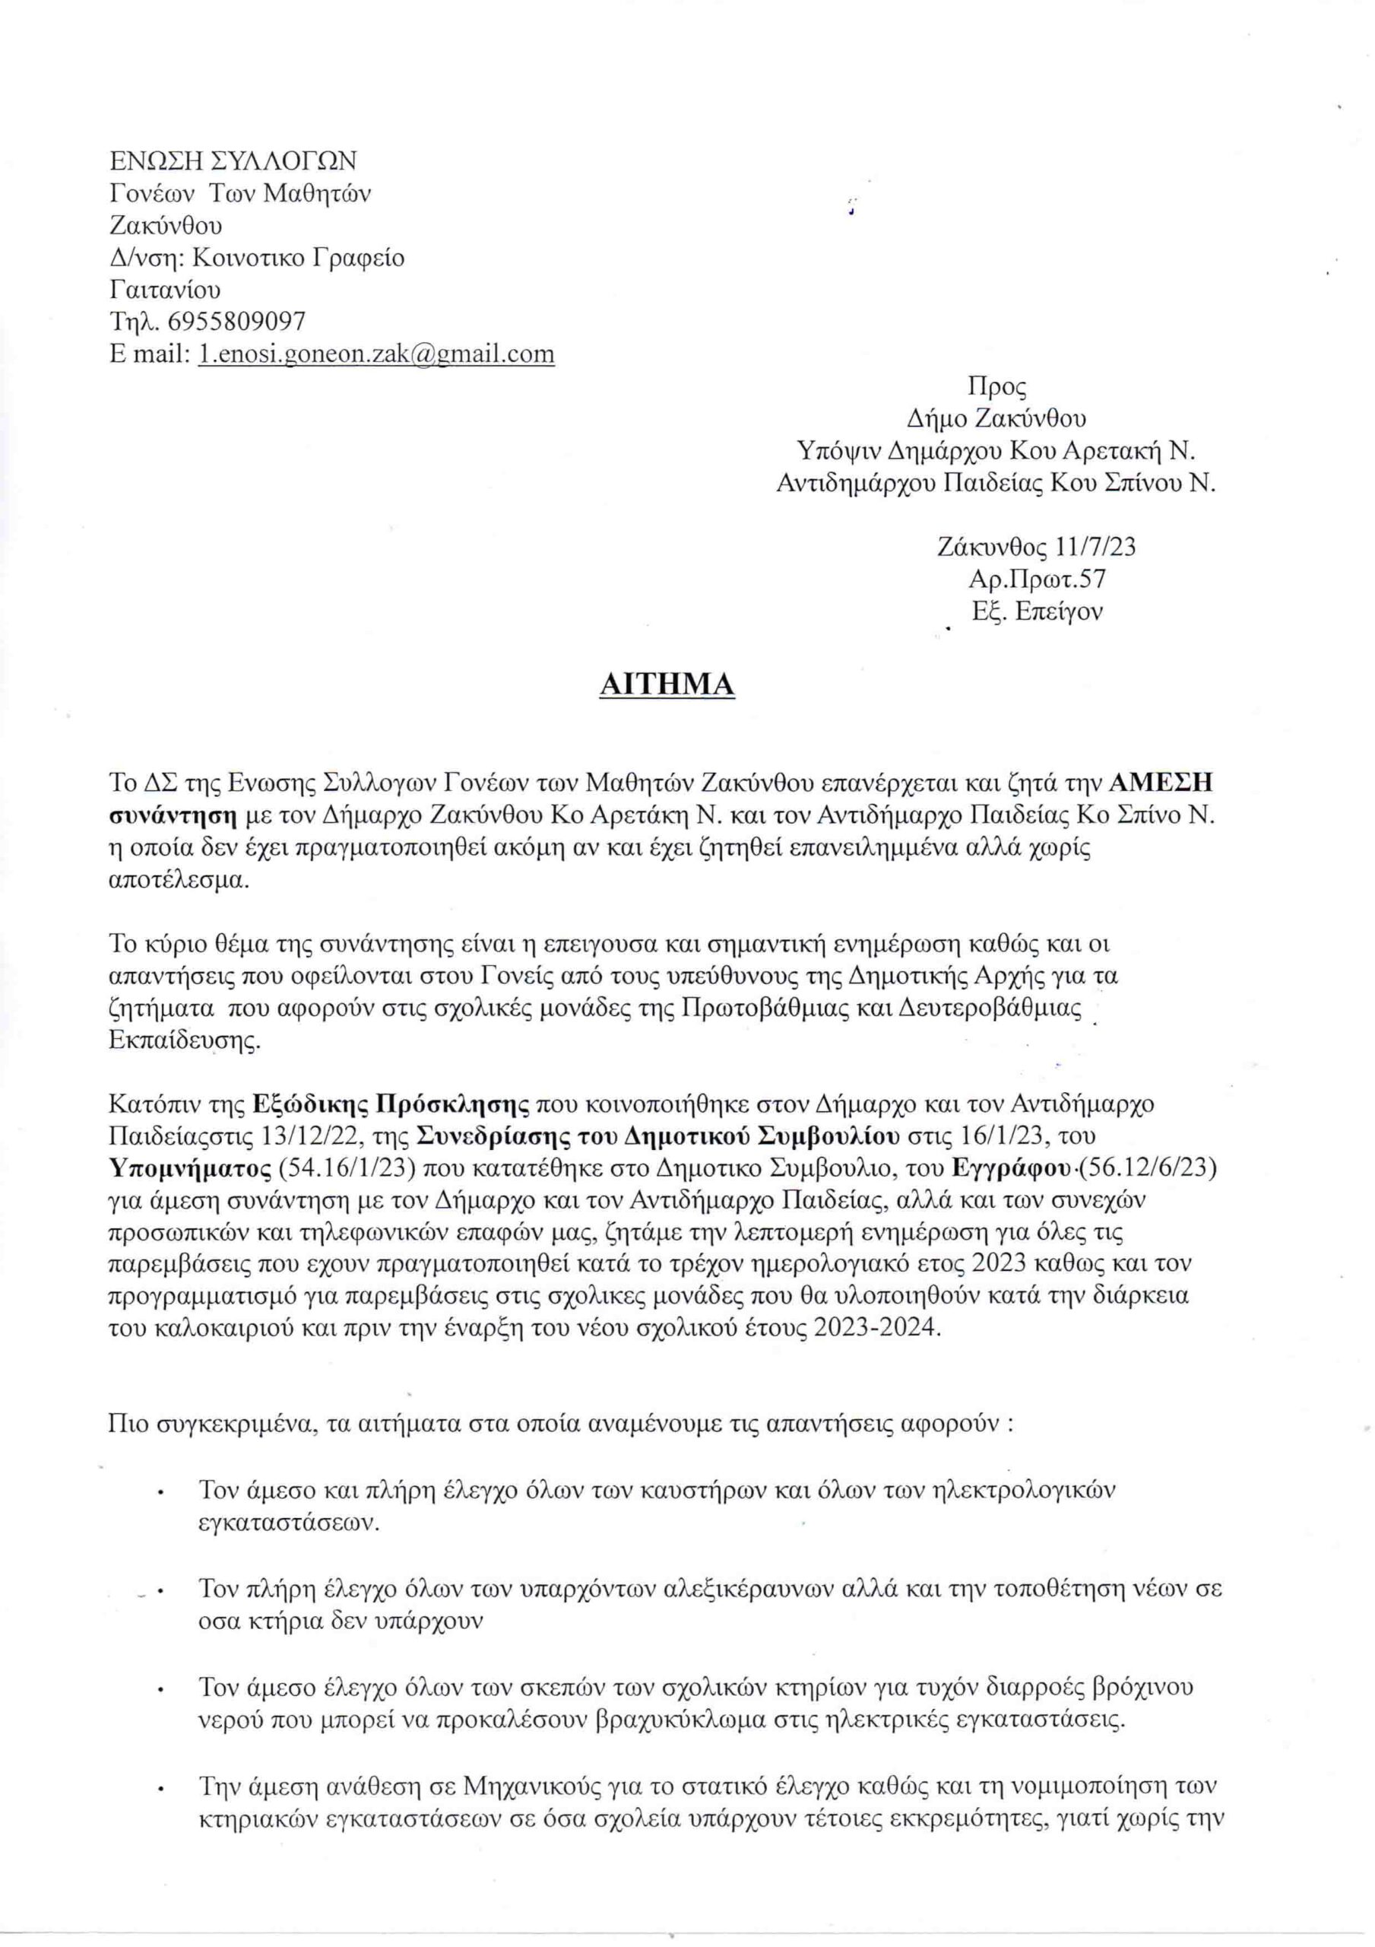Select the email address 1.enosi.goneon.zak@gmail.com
pyautogui.click(x=376, y=354)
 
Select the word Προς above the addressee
pyautogui.click(x=997, y=386)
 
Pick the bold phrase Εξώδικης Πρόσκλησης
pyautogui.click(x=391, y=1104)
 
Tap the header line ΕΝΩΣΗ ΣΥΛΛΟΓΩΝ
pyautogui.click(x=233, y=160)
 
